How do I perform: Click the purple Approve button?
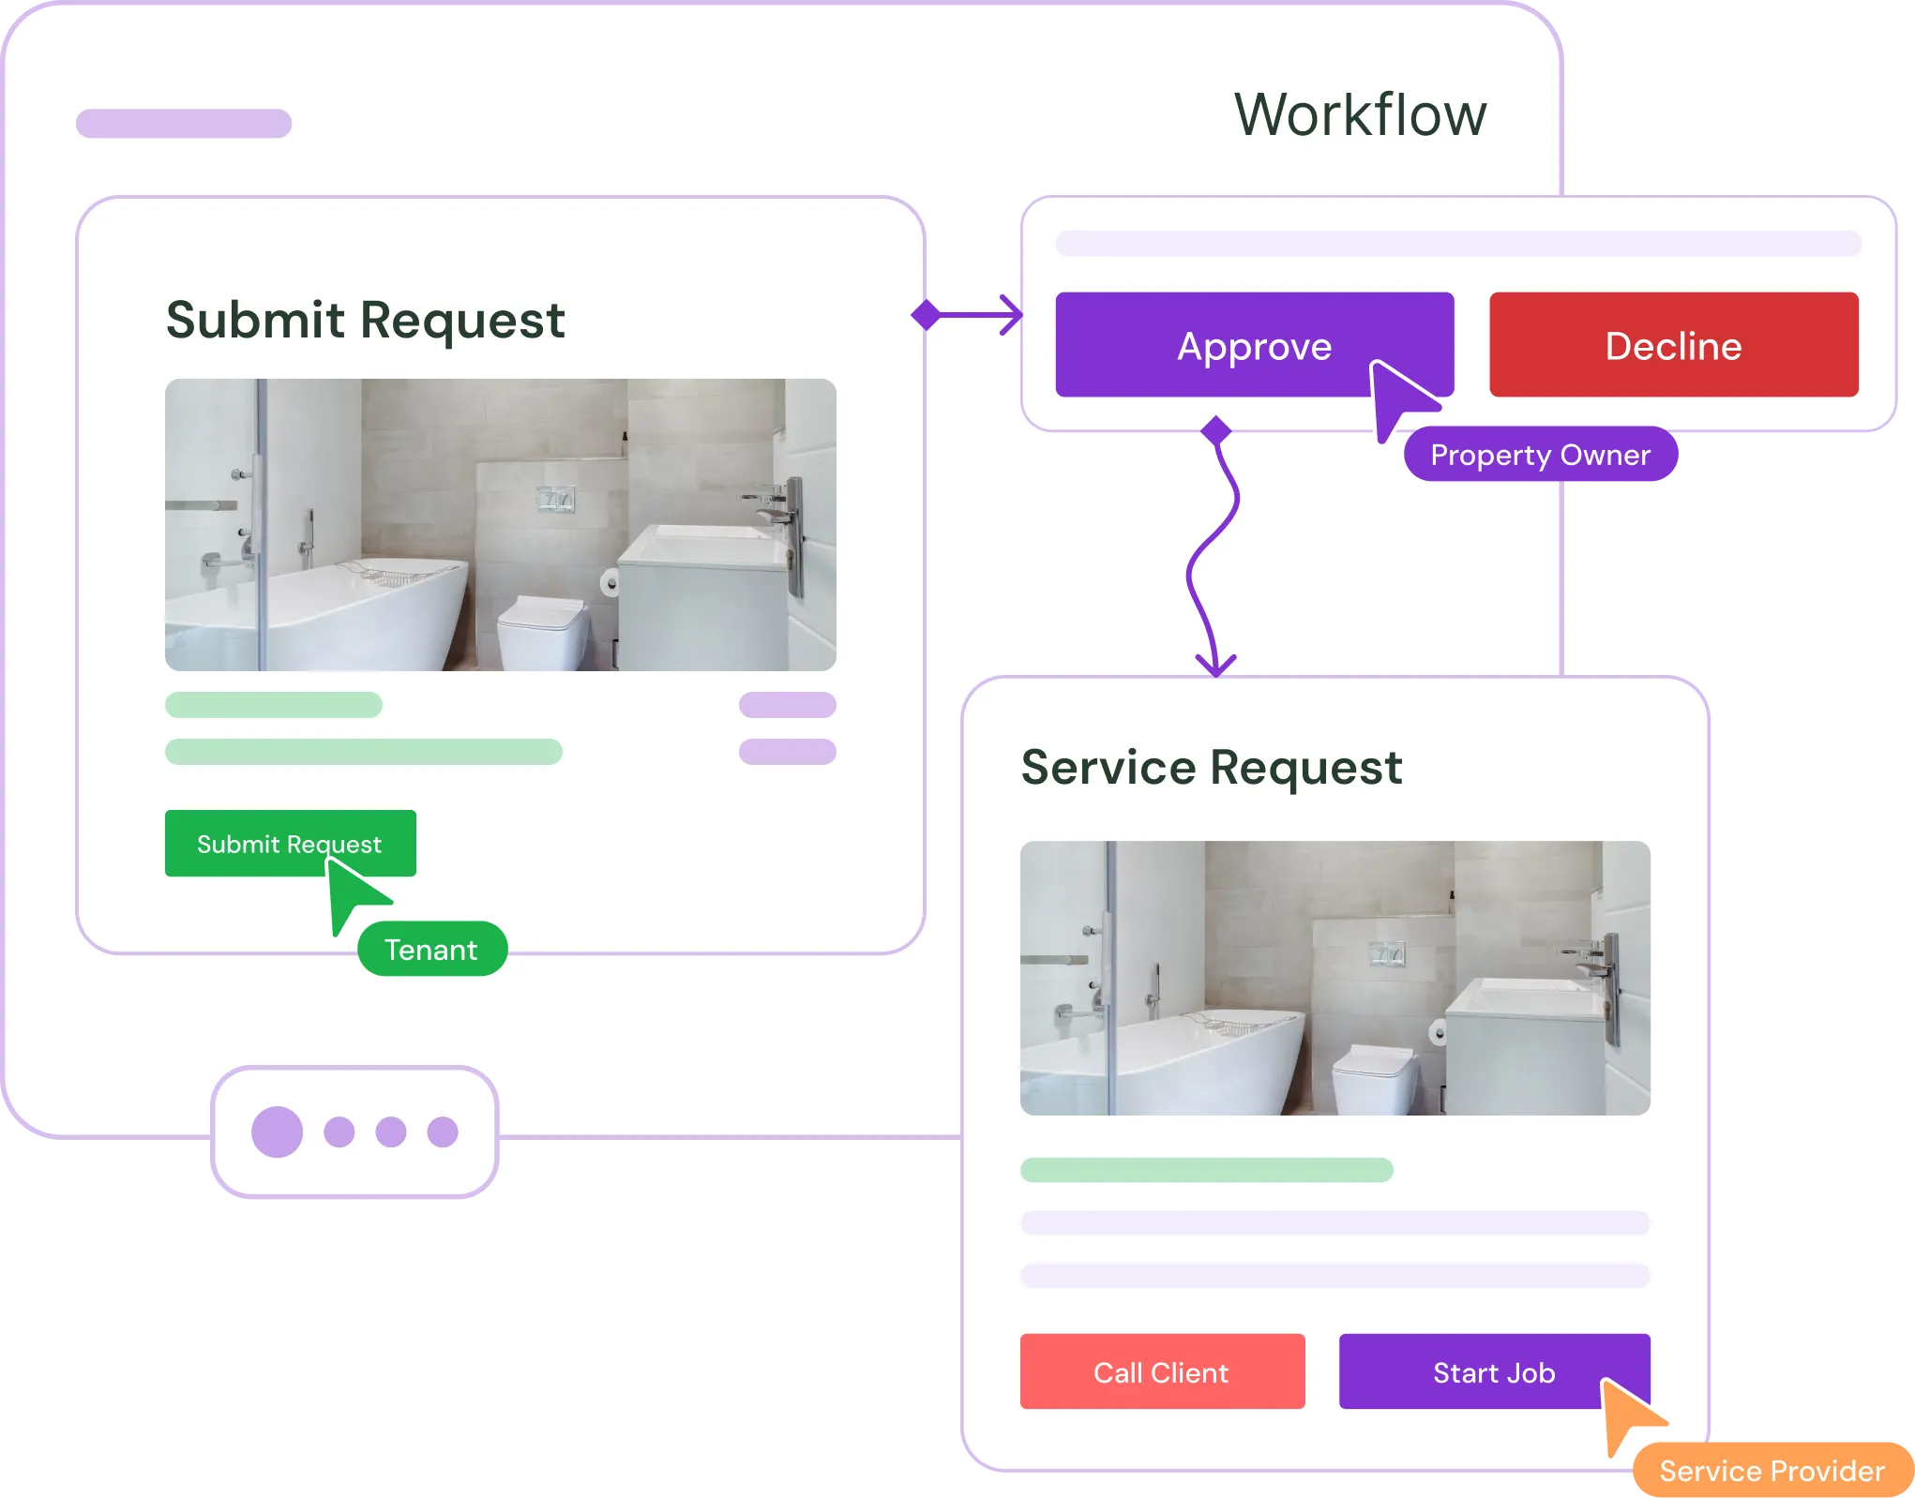(x=1253, y=345)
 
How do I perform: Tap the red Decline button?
(x=1673, y=345)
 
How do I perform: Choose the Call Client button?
(x=1162, y=1371)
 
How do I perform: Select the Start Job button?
(x=1493, y=1371)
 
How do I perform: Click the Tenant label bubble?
(x=432, y=950)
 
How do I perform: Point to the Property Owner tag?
(x=1540, y=455)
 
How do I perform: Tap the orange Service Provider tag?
(x=1771, y=1470)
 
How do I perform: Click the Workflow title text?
(x=1360, y=114)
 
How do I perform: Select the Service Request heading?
(x=1211, y=768)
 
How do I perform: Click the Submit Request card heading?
(x=365, y=320)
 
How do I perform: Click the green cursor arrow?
(x=352, y=891)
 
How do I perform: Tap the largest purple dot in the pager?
(x=277, y=1131)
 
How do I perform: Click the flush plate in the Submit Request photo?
(x=555, y=500)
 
